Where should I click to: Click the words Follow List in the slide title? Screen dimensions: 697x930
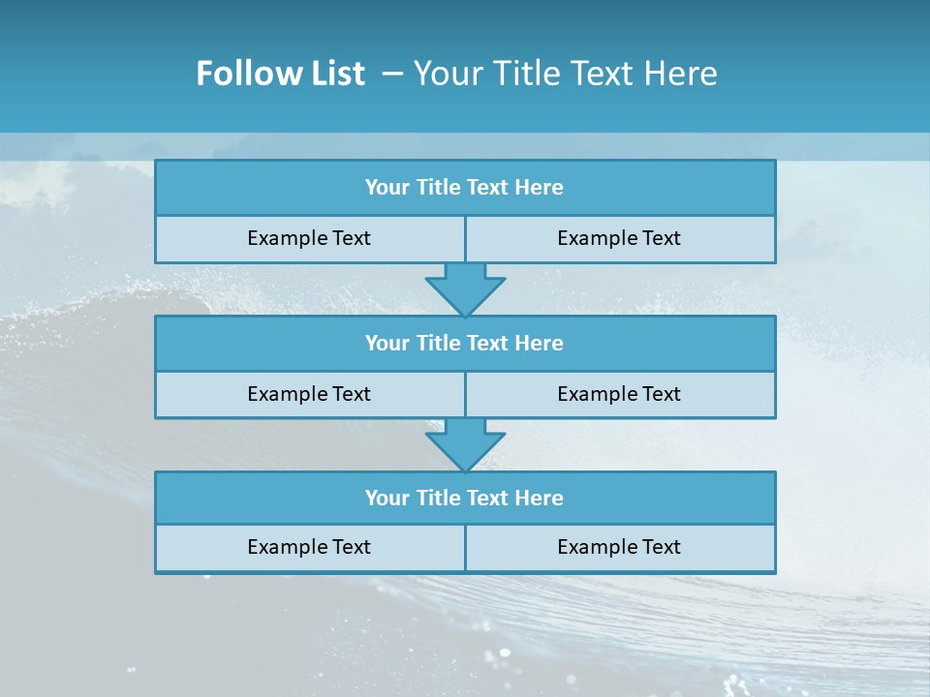(280, 74)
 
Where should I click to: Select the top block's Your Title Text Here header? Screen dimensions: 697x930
(464, 188)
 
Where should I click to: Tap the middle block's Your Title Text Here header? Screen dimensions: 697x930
(464, 343)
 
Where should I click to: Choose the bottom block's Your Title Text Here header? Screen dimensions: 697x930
(464, 498)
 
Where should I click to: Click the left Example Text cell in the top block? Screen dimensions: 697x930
(309, 238)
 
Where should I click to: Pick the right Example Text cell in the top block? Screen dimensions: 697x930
(619, 238)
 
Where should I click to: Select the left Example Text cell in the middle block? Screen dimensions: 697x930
(309, 394)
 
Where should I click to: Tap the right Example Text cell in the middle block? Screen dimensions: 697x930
(619, 394)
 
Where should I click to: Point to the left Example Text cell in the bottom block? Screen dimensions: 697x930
(309, 547)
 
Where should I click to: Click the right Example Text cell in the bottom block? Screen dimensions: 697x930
(619, 547)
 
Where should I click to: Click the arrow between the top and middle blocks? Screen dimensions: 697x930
(465, 288)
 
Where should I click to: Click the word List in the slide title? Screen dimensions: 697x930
(334, 74)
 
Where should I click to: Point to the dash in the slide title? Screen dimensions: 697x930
(392, 74)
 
